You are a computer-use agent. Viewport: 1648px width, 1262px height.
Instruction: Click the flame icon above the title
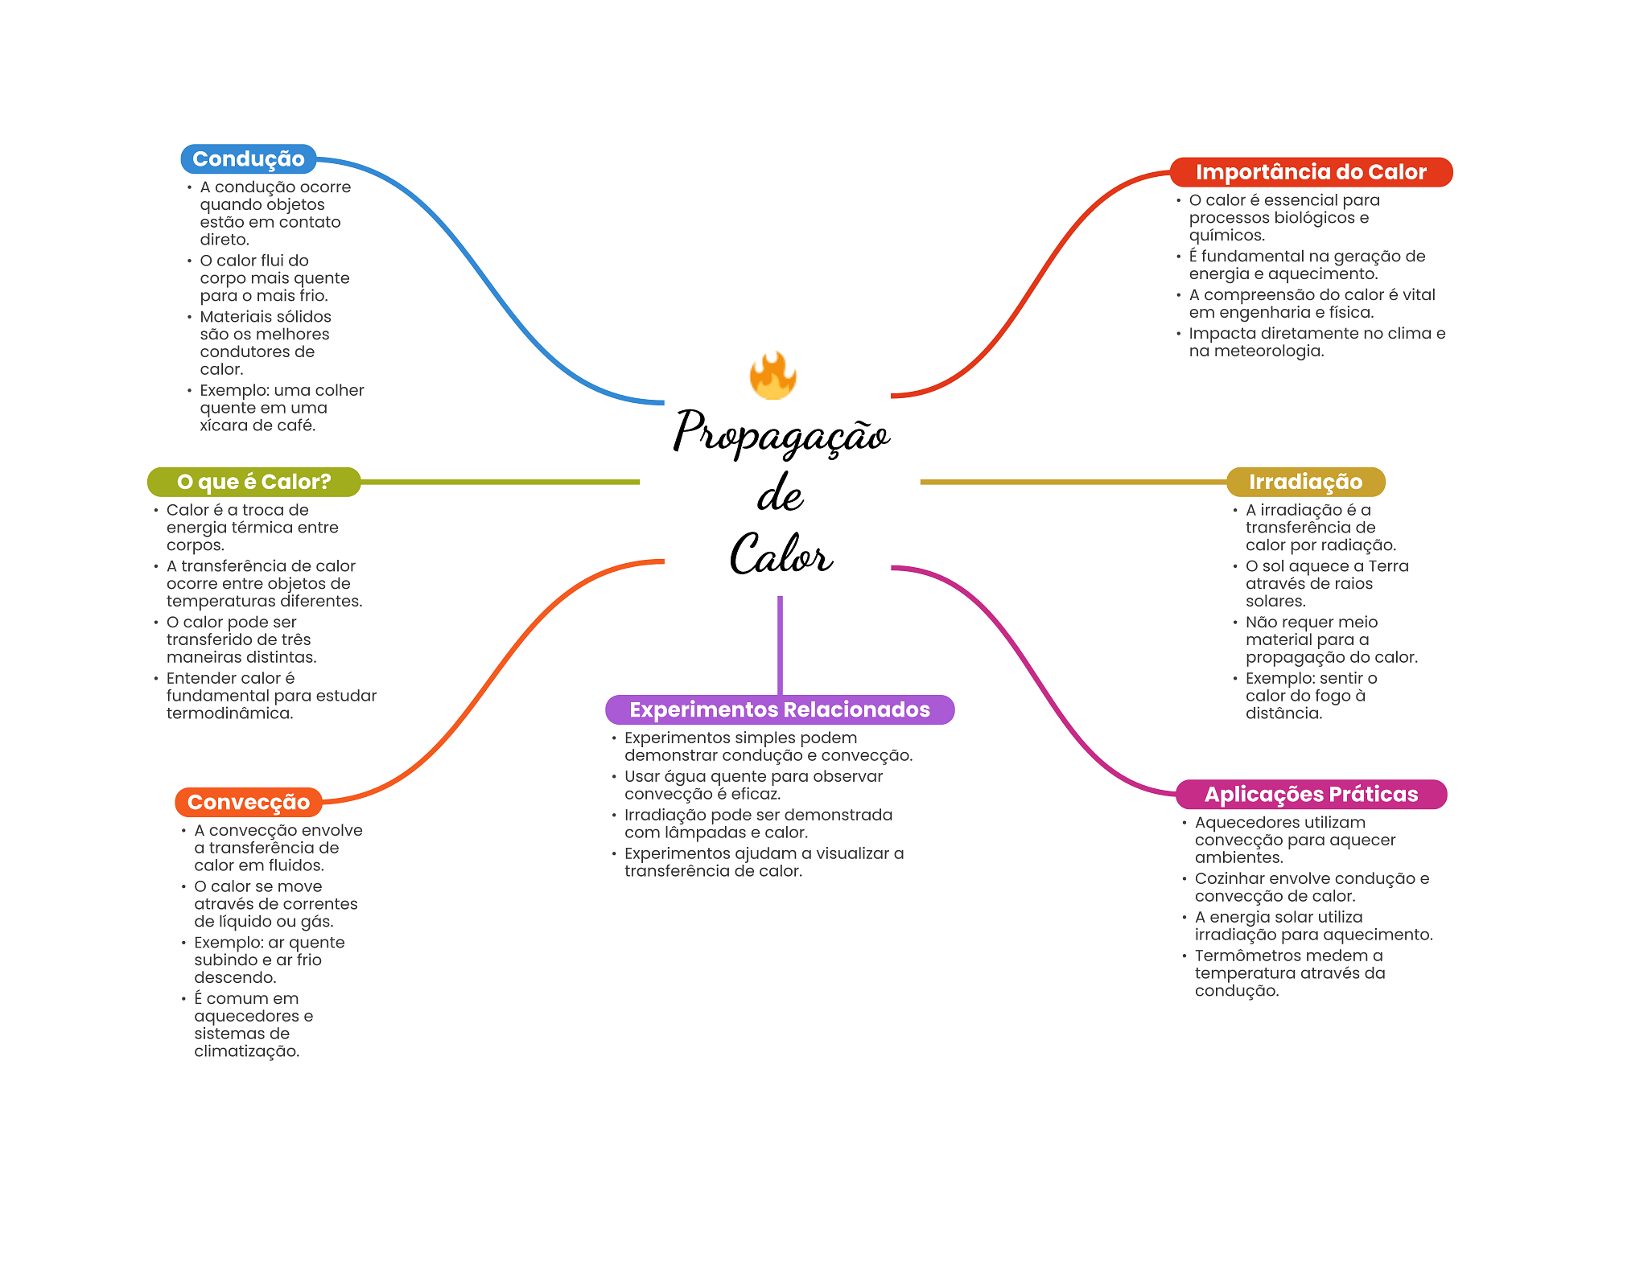pos(772,376)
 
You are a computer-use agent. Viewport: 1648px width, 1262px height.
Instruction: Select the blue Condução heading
pos(248,159)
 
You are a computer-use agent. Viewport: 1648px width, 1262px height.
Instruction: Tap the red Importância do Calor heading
pos(1310,172)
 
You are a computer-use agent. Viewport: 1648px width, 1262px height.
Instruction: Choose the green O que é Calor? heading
pos(253,482)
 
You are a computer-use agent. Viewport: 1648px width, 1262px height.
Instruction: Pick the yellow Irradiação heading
pos(1304,482)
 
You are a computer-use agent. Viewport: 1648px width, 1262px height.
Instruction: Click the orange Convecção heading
pos(248,802)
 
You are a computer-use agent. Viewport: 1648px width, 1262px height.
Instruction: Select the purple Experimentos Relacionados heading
pos(779,709)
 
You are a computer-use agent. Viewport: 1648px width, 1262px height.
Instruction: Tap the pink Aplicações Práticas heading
pos(1310,794)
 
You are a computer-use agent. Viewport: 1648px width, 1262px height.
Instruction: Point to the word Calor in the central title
pos(781,555)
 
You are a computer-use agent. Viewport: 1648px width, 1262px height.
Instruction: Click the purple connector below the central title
pos(780,643)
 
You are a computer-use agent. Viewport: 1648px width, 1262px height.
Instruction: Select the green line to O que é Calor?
pos(499,482)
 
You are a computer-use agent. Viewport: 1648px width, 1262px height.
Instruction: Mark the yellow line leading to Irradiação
pos(1070,482)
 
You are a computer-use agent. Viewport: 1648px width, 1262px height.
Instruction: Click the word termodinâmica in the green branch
pos(229,713)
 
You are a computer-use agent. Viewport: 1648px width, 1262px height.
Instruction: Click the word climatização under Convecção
pos(246,1051)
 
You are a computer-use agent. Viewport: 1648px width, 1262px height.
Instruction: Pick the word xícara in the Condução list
pos(221,425)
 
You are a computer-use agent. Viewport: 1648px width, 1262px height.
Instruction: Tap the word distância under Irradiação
pos(1283,713)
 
